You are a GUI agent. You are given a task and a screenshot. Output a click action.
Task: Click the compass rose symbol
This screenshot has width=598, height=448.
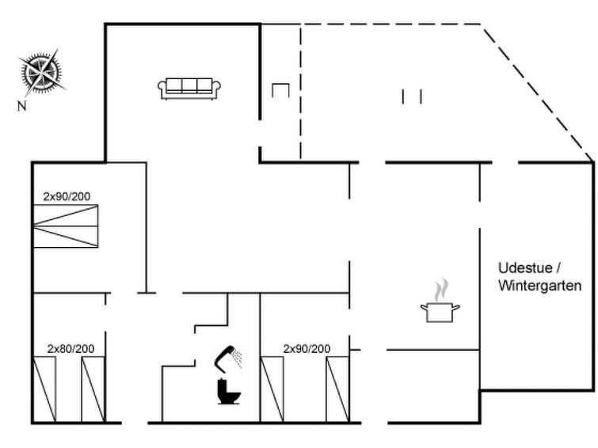coord(41,72)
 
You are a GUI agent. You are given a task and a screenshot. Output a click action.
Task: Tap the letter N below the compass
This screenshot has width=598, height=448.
coord(21,105)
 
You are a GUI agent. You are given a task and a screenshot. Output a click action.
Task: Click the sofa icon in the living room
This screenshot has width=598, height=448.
coord(189,89)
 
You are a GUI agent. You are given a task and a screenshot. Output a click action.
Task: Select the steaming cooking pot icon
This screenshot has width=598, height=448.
coord(440,301)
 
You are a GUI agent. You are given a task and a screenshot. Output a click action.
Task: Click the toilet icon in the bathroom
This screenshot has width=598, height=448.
coord(228,391)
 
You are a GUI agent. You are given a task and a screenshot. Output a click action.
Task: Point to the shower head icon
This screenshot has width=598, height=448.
coord(228,357)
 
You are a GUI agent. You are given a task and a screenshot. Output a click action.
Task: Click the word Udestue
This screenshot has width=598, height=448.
coord(525,268)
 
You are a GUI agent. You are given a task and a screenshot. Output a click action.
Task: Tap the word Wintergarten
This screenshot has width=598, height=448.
coord(539,286)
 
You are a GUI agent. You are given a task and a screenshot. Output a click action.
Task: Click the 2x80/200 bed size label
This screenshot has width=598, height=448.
coord(71,348)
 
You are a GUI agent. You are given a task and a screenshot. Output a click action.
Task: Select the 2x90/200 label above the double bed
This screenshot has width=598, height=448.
coord(67,196)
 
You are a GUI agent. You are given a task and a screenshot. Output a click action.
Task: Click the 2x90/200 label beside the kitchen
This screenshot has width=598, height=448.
coord(307,348)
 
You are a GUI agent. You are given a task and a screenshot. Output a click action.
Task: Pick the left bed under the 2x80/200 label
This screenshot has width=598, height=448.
coord(44,389)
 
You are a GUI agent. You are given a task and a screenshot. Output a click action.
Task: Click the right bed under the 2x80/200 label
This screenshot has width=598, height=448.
coord(93,389)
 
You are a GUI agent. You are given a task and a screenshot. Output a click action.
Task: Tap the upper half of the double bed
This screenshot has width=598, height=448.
coord(66,215)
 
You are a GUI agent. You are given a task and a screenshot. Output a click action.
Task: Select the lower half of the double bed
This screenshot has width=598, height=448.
coord(66,237)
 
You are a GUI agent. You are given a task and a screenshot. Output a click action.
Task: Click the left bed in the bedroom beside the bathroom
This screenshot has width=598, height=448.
coord(272,389)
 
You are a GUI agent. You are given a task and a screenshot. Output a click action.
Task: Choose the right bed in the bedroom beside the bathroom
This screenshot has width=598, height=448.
coord(337,389)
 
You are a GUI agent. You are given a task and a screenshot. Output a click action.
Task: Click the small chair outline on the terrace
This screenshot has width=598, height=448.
coord(280,90)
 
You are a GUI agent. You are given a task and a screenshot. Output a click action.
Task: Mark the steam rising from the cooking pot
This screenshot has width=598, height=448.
coord(440,290)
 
